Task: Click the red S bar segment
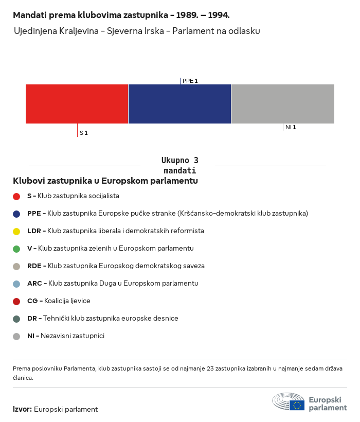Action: point(77,104)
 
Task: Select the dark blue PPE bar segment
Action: point(179,104)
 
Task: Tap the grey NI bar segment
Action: point(283,104)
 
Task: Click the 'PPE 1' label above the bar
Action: point(190,81)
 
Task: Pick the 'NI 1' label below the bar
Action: point(291,127)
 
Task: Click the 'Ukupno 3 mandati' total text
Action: point(179,165)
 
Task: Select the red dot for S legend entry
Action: point(16,196)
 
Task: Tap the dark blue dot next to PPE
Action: point(16,214)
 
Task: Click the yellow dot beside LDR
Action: point(16,231)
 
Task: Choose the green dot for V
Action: point(16,249)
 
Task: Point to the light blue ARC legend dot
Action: point(16,284)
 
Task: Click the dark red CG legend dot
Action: point(16,301)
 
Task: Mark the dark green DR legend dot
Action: point(16,319)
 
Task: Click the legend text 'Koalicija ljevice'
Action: point(67,301)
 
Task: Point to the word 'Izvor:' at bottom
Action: point(23,410)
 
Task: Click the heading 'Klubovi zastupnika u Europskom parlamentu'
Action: point(105,181)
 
